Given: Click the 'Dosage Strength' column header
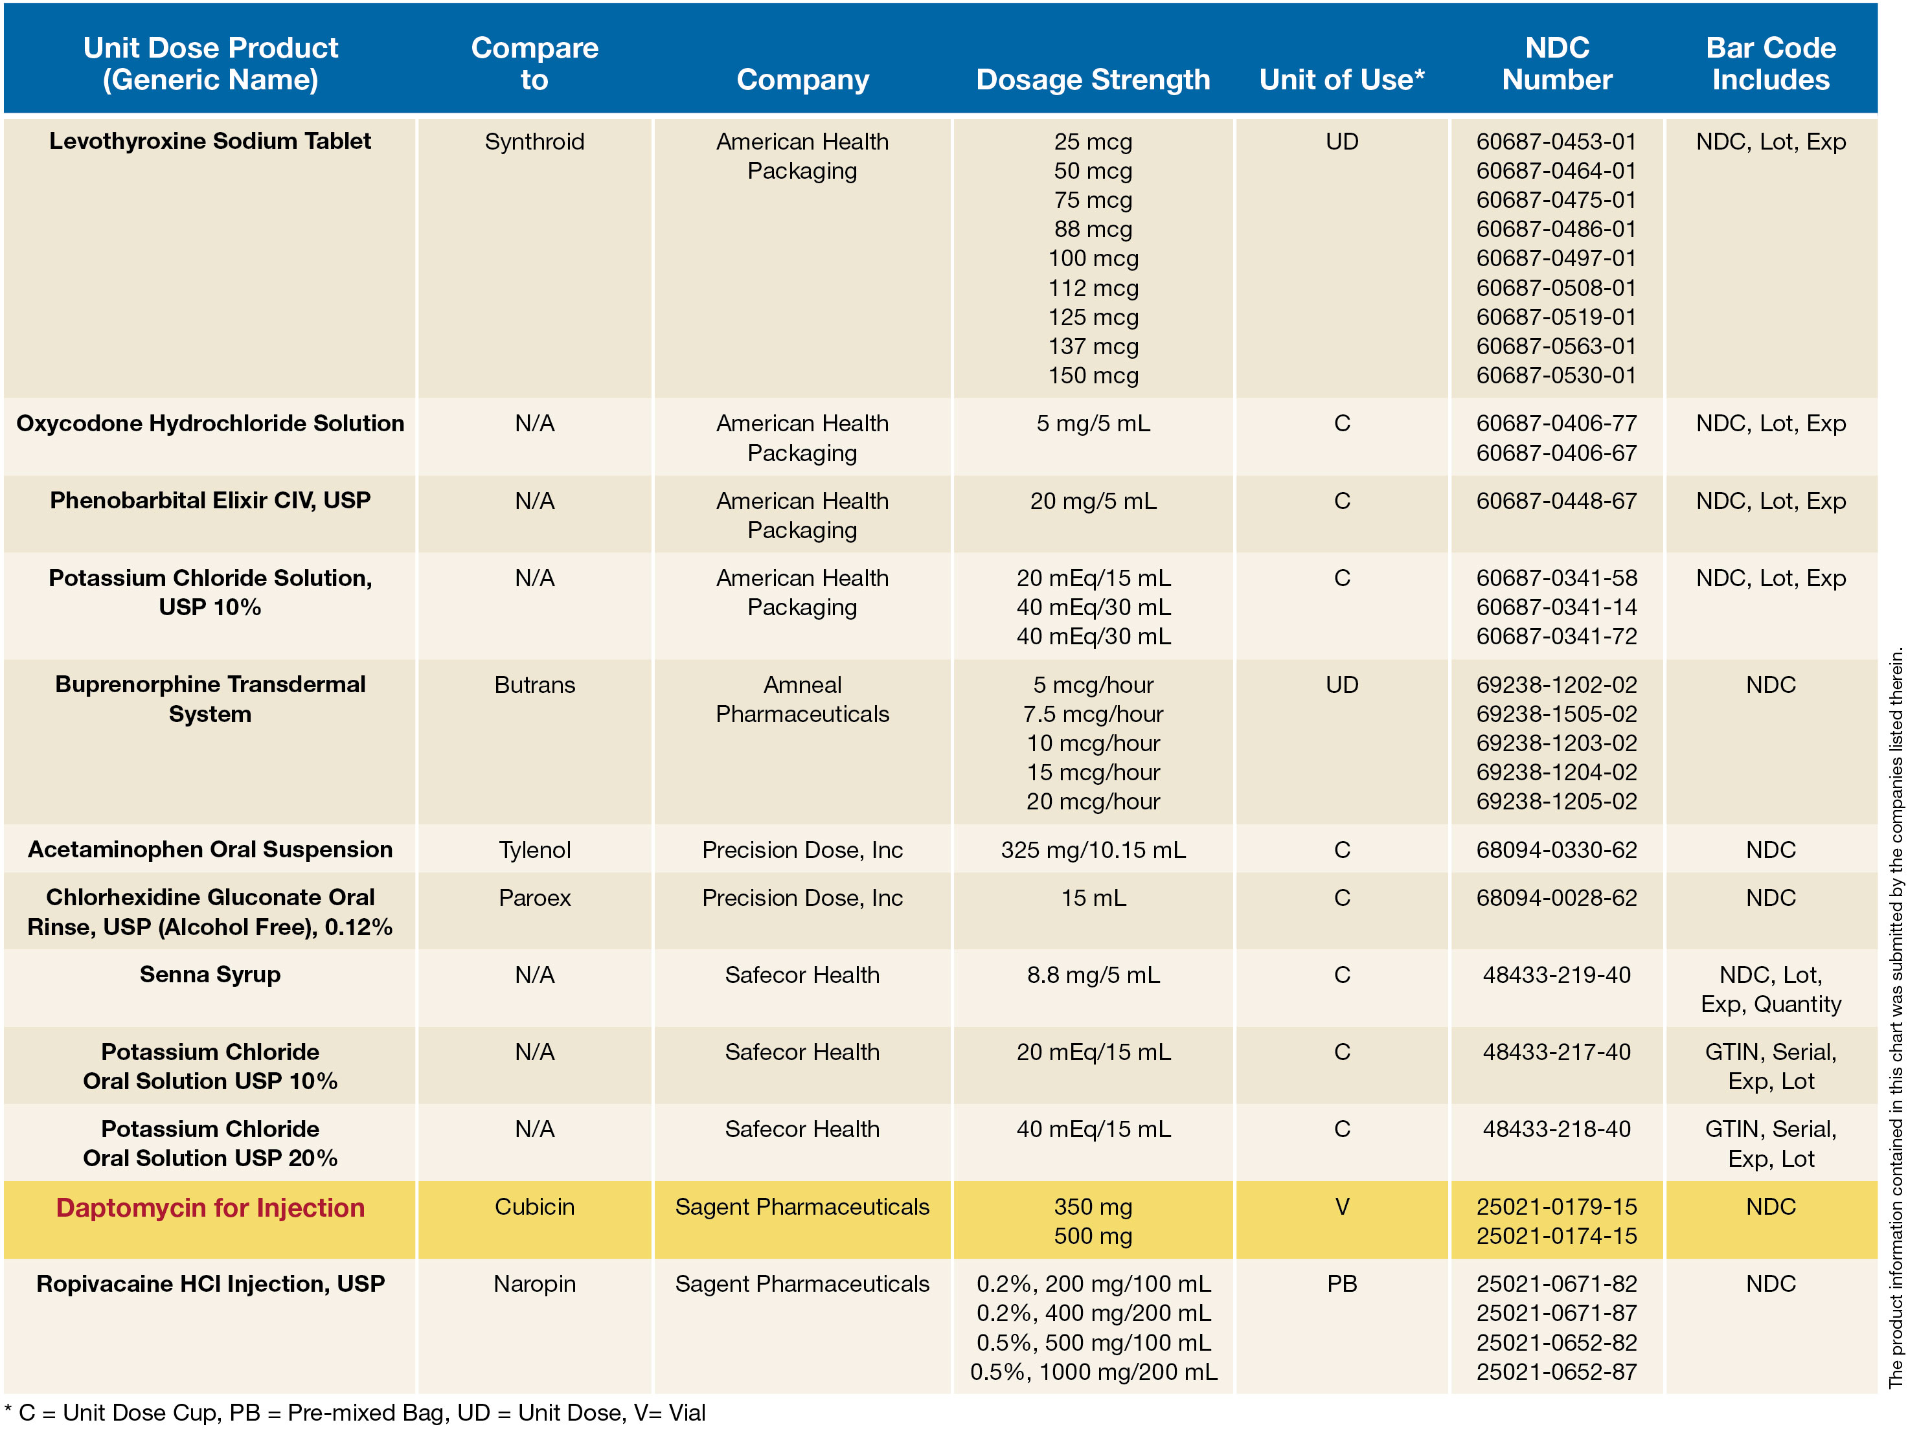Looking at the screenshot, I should pos(1092,80).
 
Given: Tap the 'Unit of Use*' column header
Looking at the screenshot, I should pos(1341,80).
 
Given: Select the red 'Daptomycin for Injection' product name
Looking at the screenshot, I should pos(210,1207).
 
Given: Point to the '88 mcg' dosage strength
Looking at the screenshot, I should pos(1092,229).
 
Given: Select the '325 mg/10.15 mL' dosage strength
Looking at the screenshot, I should pos(1092,850).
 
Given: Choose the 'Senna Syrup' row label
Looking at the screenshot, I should pos(210,975).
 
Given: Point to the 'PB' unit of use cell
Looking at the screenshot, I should pos(1341,1283).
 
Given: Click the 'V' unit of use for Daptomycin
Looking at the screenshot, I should pos(1341,1207).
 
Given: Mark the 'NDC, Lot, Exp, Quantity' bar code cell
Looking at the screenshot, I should pos(1770,989).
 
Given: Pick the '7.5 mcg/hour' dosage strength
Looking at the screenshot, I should pos(1092,714).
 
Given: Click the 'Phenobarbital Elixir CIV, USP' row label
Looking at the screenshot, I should pos(210,501).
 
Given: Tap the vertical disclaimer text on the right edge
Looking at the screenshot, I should pos(1895,1018).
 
